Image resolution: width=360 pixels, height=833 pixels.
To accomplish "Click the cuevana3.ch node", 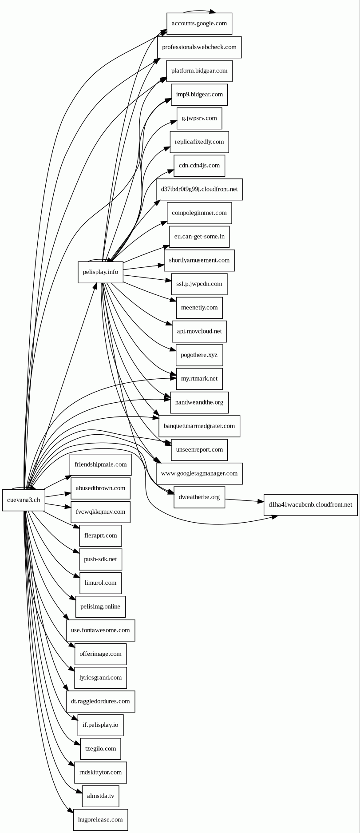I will pos(24,500).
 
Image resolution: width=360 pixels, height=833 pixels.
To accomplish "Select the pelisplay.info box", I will pos(100,272).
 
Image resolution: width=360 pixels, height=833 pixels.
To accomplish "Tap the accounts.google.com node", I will pos(199,24).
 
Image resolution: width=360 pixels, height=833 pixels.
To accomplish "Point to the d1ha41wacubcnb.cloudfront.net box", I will pos(310,505).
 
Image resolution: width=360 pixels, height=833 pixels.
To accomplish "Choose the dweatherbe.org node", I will pos(199,497).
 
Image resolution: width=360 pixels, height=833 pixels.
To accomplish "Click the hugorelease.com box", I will pos(100,820).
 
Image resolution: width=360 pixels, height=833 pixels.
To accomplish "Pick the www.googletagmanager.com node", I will pos(199,473).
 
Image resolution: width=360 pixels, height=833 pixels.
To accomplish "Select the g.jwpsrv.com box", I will pos(199,118).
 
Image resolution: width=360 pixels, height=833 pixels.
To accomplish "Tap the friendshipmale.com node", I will pos(100,464).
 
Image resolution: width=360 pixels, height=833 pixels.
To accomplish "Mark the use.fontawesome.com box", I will pos(100,630).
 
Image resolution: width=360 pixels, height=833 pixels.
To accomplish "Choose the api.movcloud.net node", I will pos(199,331).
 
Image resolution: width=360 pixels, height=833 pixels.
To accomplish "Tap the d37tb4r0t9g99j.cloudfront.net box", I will pos(199,189).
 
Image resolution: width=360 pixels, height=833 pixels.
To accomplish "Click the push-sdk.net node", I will pos(100,559).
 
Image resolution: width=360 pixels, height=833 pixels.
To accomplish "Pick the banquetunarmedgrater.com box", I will pos(199,426).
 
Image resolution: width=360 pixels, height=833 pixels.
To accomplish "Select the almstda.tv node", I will pos(100,796).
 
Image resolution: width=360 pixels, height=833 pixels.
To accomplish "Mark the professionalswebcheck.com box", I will pos(199,47).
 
